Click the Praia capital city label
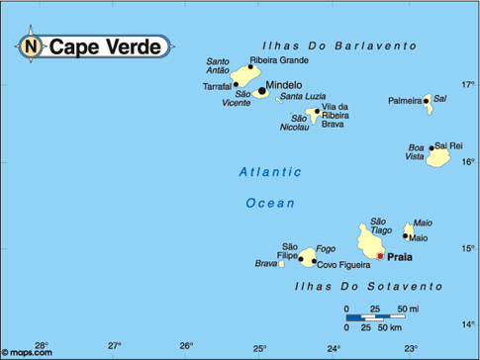400,256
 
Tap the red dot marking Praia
380,256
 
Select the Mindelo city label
285,85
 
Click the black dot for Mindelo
262,92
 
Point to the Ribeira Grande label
279,60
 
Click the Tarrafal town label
217,86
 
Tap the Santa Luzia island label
303,97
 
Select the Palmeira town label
405,100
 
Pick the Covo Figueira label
344,265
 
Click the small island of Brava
279,263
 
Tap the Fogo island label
327,248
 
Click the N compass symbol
31,45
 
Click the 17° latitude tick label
468,83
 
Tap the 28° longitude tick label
42,345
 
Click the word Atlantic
270,172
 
